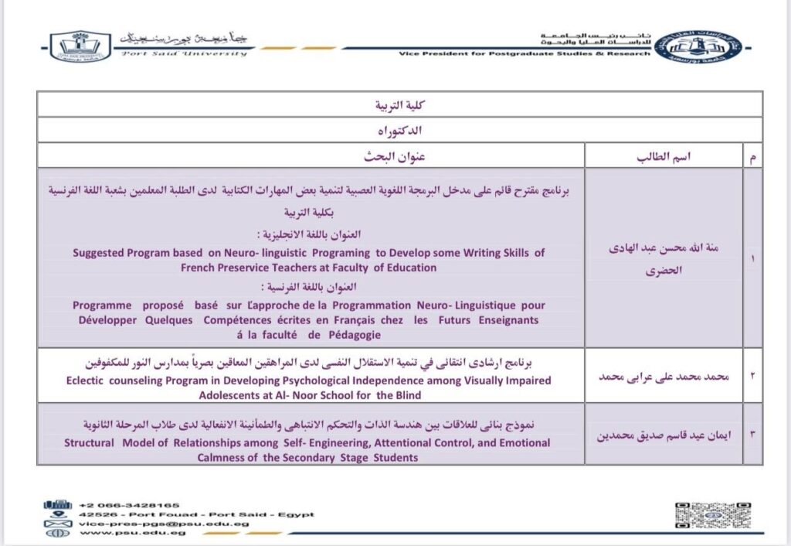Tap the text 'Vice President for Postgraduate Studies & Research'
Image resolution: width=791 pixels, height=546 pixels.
(525, 54)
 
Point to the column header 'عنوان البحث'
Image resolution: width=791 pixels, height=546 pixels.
(395, 157)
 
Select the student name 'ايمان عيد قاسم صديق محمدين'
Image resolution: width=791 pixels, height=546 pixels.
(663, 433)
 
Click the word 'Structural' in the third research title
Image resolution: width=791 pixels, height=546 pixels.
(89, 443)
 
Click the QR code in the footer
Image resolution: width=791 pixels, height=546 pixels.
(713, 515)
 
